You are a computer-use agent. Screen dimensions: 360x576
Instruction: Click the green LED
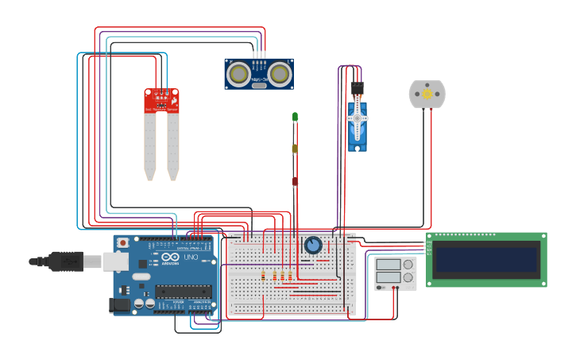pyautogui.click(x=295, y=117)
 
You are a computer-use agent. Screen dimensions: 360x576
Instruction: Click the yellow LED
pyautogui.click(x=295, y=149)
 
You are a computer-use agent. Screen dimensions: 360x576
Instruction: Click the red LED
pyautogui.click(x=295, y=181)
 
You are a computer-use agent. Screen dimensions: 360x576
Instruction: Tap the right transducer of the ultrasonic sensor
pyautogui.click(x=280, y=74)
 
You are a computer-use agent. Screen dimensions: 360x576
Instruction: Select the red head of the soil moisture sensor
pyautogui.click(x=161, y=101)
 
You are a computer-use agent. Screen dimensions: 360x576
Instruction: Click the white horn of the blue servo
pyautogui.click(x=358, y=118)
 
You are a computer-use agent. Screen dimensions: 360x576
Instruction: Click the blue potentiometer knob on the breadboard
pyautogui.click(x=313, y=245)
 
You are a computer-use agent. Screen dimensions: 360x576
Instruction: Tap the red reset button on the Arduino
pyautogui.click(x=123, y=242)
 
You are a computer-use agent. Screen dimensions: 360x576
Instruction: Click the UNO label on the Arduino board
pyautogui.click(x=191, y=257)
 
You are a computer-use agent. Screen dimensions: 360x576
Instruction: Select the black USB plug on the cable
pyautogui.click(x=66, y=261)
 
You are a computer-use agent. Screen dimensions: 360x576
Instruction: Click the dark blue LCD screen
pyautogui.click(x=486, y=259)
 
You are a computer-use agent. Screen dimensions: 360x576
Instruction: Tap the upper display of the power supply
pyautogui.click(x=389, y=265)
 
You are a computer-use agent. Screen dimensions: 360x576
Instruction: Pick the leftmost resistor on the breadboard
pyautogui.click(x=263, y=276)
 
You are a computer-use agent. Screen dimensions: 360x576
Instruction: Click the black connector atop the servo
pyautogui.click(x=357, y=87)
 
